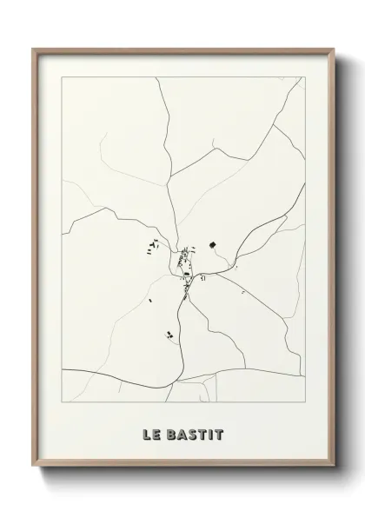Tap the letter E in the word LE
click(x=156, y=430)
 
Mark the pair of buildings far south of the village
click(x=169, y=333)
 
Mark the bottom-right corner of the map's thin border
click(x=304, y=407)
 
